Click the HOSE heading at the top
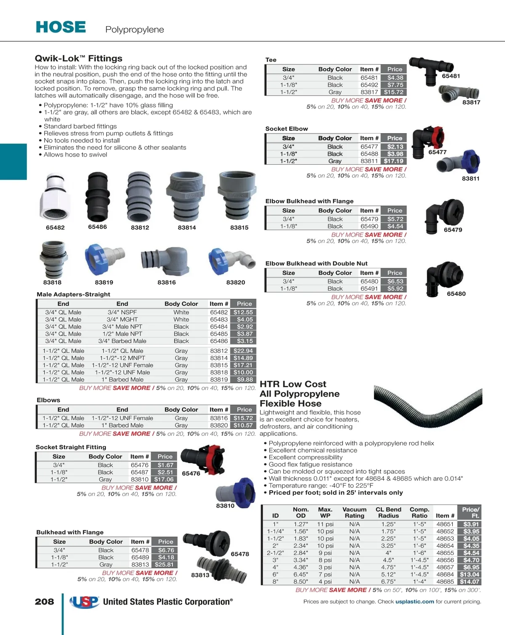pos(61,27)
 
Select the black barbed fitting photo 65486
pos(98,197)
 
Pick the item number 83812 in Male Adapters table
pos(219,351)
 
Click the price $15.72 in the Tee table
pos(394,92)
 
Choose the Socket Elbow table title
pos(287,129)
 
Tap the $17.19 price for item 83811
pos(394,161)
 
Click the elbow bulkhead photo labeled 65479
pos(444,213)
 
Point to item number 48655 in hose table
pos(445,553)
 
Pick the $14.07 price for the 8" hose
pos(469,582)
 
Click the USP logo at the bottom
pos(85,602)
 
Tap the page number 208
pos(44,602)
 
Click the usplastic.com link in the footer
pos(415,602)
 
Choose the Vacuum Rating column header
pos(354,512)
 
